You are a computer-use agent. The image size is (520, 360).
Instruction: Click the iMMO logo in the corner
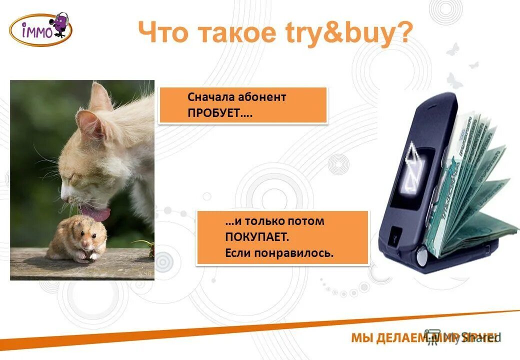[40, 29]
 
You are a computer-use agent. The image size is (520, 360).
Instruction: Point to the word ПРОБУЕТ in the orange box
[219, 113]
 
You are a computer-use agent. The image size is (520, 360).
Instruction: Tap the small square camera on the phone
[395, 234]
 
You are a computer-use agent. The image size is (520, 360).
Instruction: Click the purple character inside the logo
[60, 23]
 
